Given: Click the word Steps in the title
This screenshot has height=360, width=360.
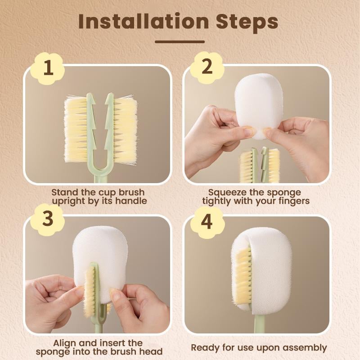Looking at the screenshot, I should point(245,21).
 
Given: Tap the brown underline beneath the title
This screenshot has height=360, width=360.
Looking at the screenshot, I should point(180,42).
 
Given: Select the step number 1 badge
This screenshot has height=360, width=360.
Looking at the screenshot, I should point(48,68).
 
